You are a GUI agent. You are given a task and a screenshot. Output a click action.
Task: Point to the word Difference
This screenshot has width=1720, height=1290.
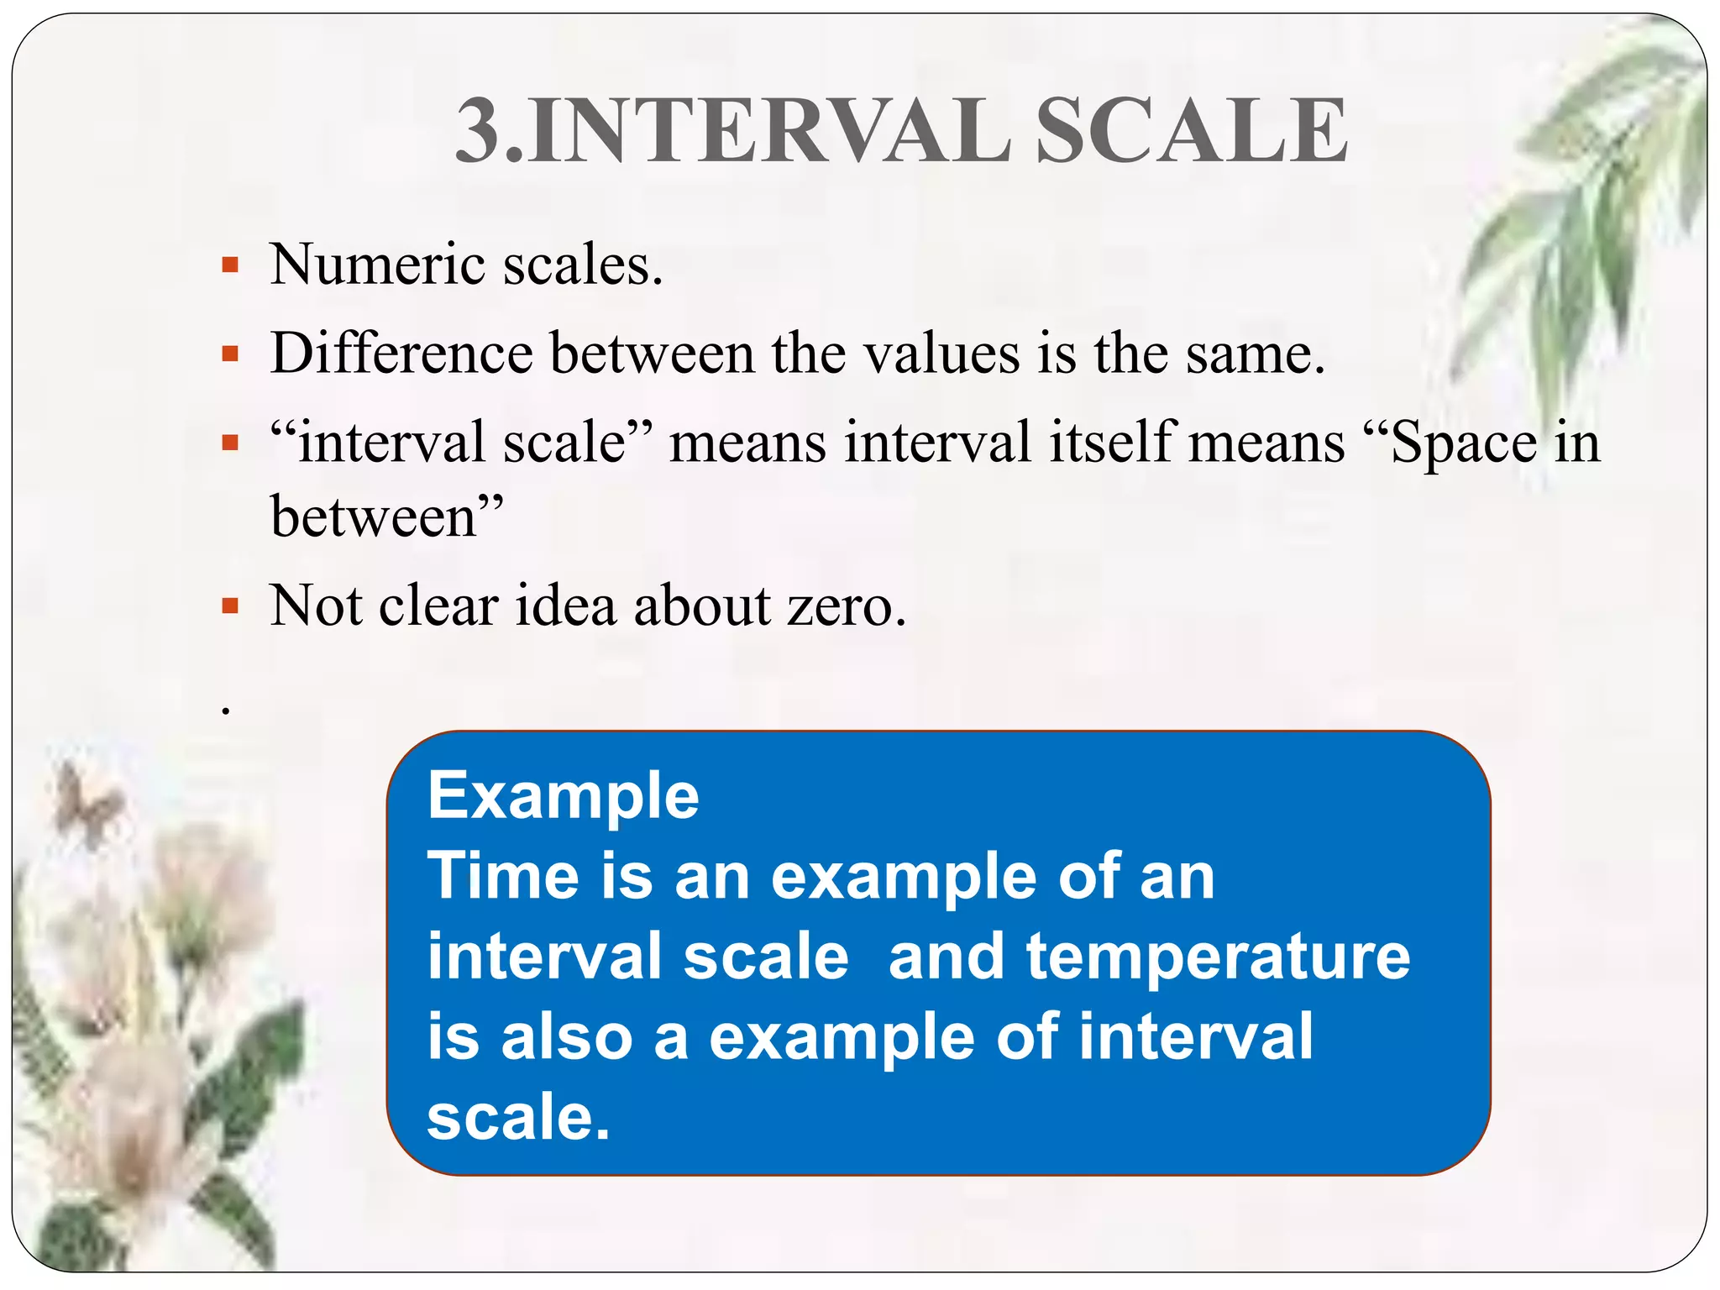[x=401, y=354]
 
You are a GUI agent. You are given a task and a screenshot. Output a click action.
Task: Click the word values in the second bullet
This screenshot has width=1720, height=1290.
[x=941, y=354]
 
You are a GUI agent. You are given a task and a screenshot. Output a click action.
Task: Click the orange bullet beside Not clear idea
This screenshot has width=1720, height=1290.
[x=230, y=606]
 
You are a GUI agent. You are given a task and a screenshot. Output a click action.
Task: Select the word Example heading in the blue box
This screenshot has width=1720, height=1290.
[x=563, y=795]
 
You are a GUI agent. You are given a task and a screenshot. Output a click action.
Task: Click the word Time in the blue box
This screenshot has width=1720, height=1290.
[x=502, y=876]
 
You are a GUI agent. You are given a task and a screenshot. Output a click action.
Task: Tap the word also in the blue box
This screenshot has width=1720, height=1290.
[x=566, y=1036]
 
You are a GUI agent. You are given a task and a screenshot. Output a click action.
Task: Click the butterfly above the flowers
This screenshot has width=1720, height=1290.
[x=84, y=802]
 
